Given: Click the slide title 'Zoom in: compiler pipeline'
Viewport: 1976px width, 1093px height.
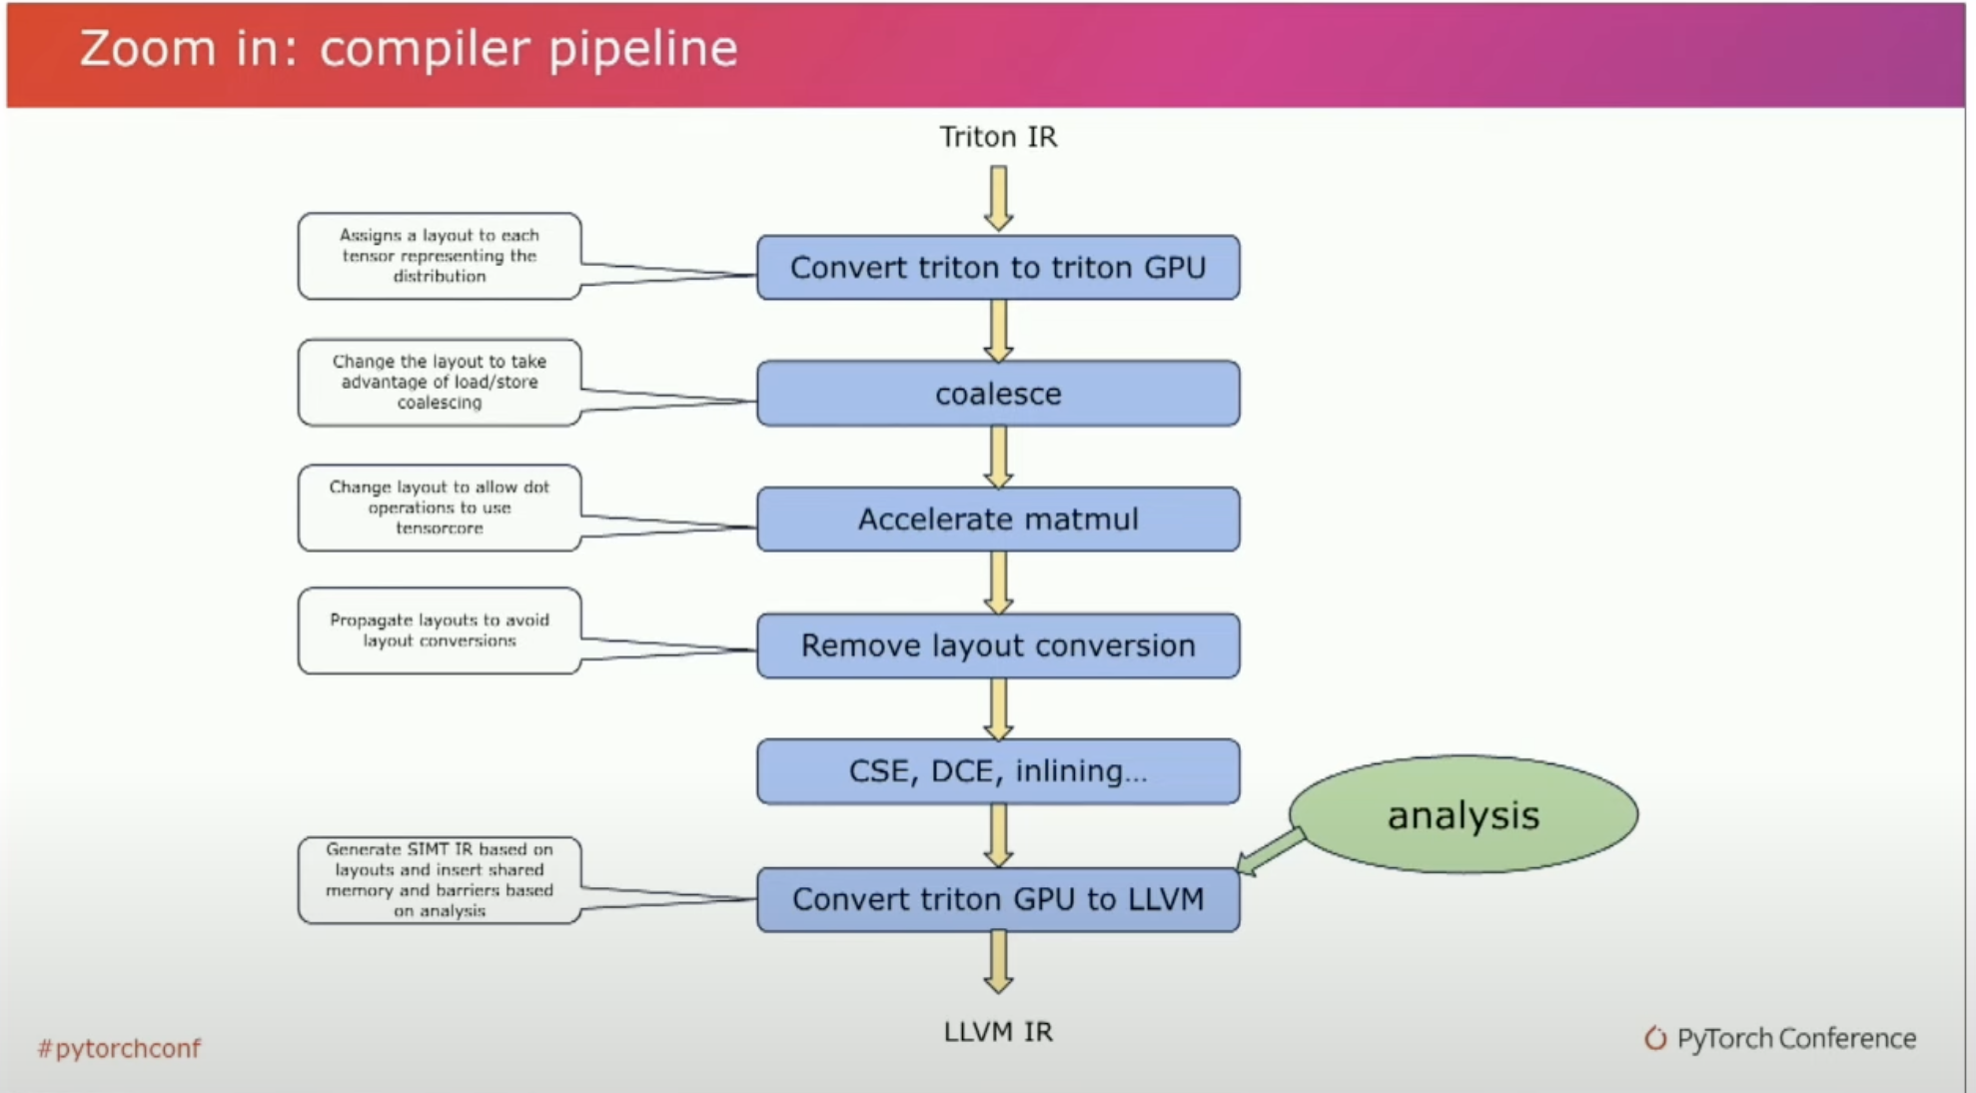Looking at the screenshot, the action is click(x=409, y=48).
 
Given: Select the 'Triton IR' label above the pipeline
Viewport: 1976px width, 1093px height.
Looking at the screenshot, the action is click(x=998, y=137).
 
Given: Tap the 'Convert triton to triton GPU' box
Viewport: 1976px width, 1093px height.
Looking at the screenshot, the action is click(x=998, y=268).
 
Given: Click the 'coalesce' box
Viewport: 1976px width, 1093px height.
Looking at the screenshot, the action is click(x=998, y=394).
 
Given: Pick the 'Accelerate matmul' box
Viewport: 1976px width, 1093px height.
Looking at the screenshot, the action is click(x=998, y=520).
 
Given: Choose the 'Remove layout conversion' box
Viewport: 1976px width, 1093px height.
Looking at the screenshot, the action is click(x=998, y=645).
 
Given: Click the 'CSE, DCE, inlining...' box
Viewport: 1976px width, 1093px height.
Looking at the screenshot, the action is click(x=998, y=771).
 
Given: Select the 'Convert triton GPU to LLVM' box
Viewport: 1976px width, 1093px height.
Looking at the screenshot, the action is click(x=998, y=899).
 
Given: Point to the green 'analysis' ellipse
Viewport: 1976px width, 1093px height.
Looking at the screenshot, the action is click(x=1464, y=814).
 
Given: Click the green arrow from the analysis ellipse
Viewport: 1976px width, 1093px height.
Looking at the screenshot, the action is click(x=1271, y=851).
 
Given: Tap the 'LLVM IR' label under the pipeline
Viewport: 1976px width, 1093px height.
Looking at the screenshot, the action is click(x=998, y=1032).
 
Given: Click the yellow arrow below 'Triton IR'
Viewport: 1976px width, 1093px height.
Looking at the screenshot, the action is click(x=998, y=198).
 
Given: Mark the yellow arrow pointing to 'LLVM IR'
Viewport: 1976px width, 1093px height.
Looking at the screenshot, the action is click(x=998, y=961).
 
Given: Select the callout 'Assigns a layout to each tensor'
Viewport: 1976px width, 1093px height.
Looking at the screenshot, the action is click(x=440, y=256).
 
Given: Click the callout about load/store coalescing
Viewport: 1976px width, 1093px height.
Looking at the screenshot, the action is click(x=440, y=382).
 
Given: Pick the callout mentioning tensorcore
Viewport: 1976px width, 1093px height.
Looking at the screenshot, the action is click(x=440, y=508).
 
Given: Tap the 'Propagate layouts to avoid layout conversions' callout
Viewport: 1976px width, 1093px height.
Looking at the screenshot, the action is click(x=440, y=630).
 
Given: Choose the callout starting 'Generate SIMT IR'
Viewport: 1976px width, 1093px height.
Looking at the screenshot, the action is click(x=440, y=880).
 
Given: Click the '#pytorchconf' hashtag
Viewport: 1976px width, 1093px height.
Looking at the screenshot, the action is click(x=119, y=1048).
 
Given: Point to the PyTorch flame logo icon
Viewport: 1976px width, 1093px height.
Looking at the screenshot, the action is click(x=1655, y=1038).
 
